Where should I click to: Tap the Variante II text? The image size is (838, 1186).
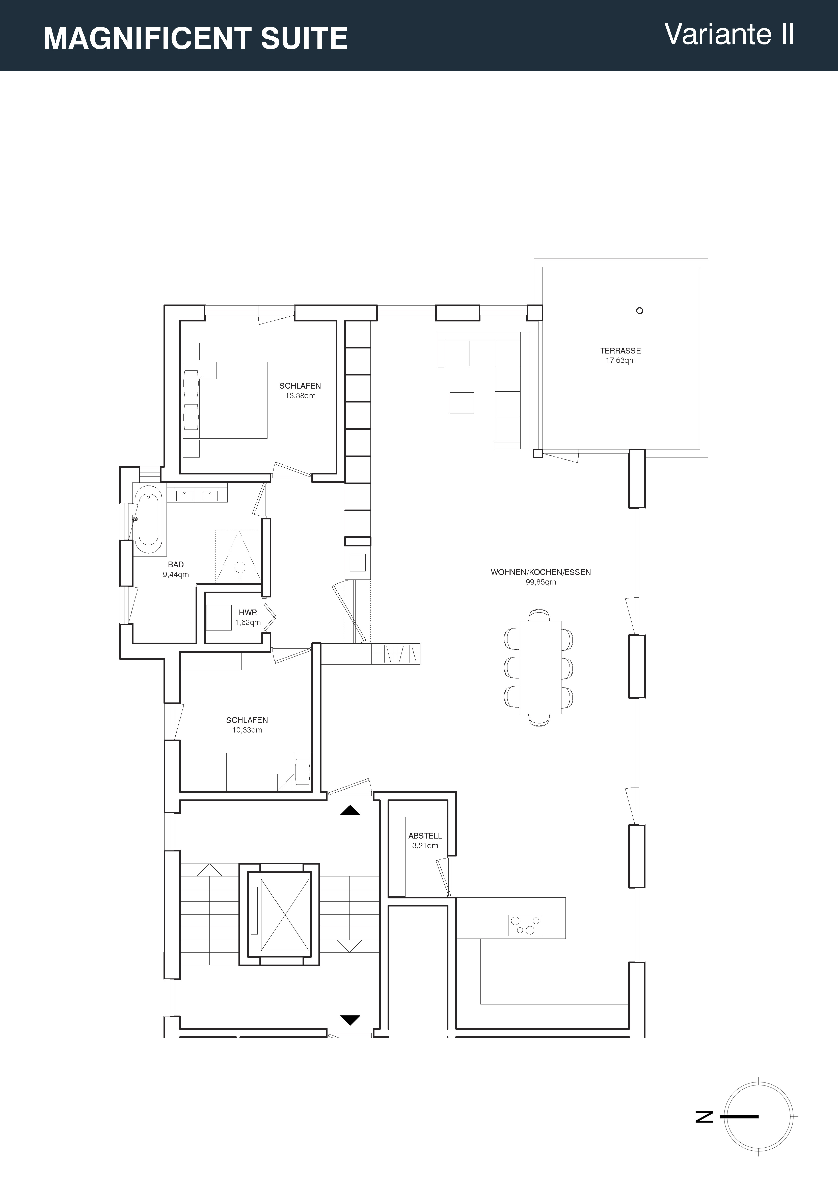click(729, 34)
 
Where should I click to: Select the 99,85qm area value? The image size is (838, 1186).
click(540, 582)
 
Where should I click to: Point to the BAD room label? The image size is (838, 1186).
click(176, 565)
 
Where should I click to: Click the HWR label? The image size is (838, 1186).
click(248, 613)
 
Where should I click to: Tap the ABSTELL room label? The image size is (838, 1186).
click(425, 836)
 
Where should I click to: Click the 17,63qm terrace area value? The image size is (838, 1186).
click(621, 361)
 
